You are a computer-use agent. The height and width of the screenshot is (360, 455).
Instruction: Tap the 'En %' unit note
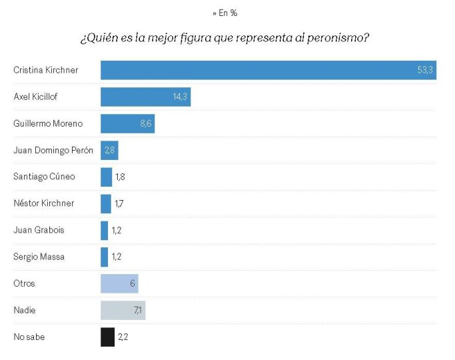coord(225,13)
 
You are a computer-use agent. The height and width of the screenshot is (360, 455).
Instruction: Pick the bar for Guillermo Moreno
coord(127,123)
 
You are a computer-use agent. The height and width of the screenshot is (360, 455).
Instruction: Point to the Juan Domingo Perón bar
coord(109,150)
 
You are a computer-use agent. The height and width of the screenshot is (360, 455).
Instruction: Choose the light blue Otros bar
coord(119,283)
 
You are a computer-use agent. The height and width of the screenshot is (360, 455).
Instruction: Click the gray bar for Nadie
coord(123,310)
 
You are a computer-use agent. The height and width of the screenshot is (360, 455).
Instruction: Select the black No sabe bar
coord(107,337)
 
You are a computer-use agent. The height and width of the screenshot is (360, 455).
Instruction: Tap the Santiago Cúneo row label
coord(44,177)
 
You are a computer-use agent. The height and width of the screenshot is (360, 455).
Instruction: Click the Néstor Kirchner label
coord(44,203)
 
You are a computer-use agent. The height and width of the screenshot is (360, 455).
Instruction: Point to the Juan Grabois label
coord(39,230)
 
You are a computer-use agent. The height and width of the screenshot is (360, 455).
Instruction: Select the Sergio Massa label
coord(39,257)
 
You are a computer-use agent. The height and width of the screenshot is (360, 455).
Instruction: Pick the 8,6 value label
coord(145,123)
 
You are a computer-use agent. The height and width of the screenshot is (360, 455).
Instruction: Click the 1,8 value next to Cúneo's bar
coord(120,177)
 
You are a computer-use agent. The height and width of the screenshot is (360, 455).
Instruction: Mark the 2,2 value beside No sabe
coord(123,337)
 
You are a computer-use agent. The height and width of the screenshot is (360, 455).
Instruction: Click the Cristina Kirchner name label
coord(47,70)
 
